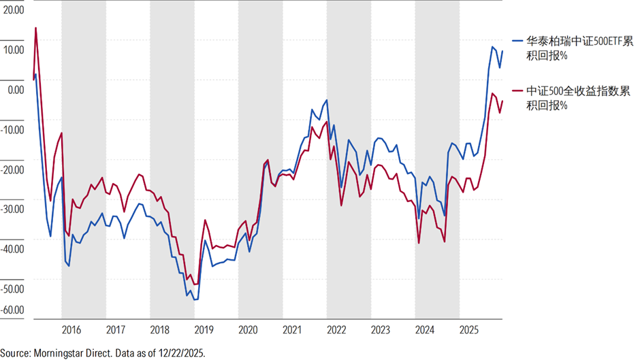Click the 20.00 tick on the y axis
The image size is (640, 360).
click(14, 10)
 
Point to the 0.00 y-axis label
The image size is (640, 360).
click(16, 90)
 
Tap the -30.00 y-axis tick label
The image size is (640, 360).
click(12, 210)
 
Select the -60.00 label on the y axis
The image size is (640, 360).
click(12, 310)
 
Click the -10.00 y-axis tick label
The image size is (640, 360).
click(12, 130)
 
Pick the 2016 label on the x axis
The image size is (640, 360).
click(71, 330)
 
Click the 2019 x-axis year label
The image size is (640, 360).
click(204, 330)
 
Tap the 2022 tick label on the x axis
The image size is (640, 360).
click(336, 330)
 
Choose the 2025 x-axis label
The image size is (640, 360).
click(469, 330)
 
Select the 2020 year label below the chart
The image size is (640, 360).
click(248, 330)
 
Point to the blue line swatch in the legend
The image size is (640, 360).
click(517, 41)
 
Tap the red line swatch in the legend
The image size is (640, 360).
click(517, 91)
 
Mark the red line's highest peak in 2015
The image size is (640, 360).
click(35, 28)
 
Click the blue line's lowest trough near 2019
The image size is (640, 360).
click(195, 300)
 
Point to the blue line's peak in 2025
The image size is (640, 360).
click(493, 48)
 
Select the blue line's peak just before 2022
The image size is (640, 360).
click(327, 100)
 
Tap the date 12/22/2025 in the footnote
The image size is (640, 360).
click(181, 353)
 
